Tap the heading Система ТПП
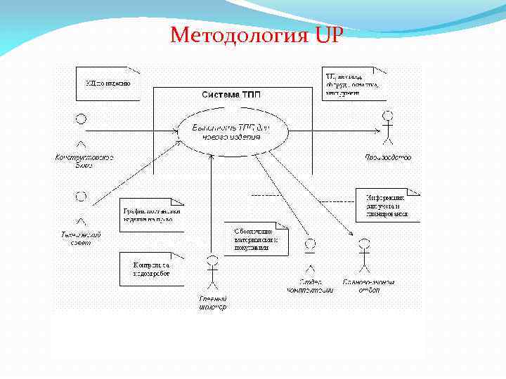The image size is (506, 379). coord(232,95)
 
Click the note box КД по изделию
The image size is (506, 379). coord(107,82)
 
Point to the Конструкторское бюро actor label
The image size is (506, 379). coord(84,161)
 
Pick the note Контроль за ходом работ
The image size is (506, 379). coord(151,269)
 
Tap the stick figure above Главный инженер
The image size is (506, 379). coord(212,274)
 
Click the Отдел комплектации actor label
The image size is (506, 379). coord(309,286)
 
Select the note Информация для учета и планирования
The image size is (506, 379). coord(387,206)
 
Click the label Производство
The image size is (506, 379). coord(388,158)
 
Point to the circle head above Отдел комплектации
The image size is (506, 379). coord(309,246)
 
